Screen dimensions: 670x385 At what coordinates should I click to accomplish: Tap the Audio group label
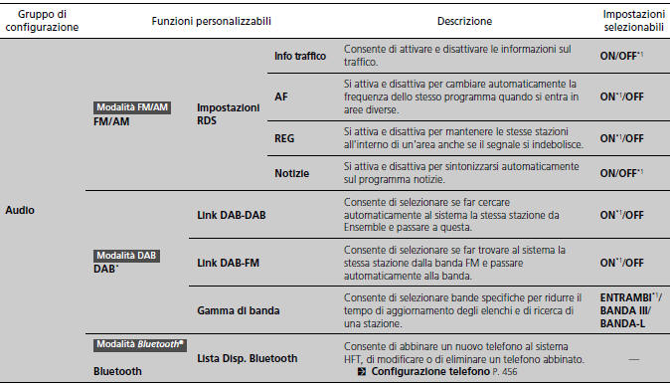22,211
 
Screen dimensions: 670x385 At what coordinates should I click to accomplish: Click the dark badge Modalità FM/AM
132,107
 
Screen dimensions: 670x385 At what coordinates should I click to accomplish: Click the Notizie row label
291,174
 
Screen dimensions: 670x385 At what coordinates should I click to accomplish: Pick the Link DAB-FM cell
230,263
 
